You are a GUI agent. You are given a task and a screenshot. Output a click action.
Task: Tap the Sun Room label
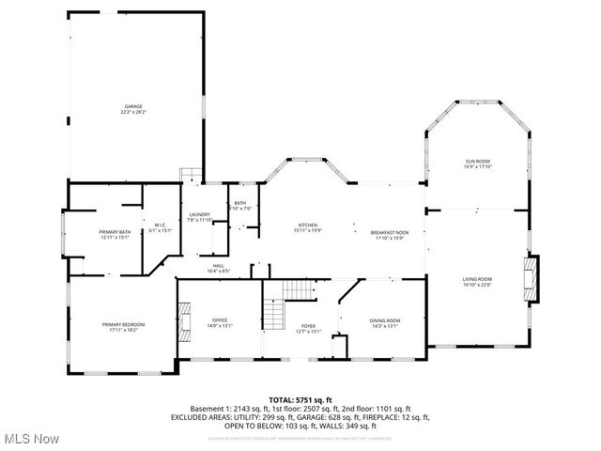tap(477, 162)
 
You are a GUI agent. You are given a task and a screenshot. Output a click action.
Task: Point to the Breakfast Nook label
tap(389, 231)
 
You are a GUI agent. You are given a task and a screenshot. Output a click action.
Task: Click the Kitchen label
tap(308, 225)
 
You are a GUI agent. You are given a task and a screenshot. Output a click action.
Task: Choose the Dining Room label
tap(385, 321)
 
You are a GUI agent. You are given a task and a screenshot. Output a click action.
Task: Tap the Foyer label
tap(309, 326)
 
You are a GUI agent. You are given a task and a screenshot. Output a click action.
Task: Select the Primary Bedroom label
tap(123, 324)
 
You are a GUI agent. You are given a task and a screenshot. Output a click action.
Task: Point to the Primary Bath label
tap(116, 231)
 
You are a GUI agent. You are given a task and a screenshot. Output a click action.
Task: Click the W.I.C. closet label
tap(161, 224)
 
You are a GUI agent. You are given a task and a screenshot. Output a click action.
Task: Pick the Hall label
tap(218, 266)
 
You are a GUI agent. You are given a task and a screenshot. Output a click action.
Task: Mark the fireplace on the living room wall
tap(532, 279)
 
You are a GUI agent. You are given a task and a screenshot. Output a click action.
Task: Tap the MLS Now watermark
tap(31, 439)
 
